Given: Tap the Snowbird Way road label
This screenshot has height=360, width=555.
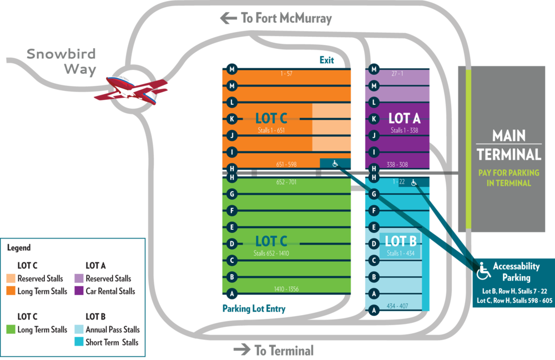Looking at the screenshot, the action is (x=61, y=61).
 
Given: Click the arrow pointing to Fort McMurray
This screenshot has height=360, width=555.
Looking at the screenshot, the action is (x=229, y=18).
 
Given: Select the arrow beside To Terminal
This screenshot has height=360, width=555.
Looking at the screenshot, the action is (x=242, y=350).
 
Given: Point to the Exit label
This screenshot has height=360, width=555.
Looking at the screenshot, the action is (x=327, y=60).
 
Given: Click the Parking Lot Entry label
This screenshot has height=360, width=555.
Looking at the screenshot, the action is (x=254, y=309).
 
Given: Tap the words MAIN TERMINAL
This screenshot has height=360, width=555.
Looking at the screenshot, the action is (x=509, y=145).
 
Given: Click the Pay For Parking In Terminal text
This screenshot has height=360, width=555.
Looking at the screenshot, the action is (x=508, y=178).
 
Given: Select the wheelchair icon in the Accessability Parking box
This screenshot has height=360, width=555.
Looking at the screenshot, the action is (x=483, y=271).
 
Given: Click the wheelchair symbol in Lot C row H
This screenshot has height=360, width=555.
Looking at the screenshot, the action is (x=335, y=164).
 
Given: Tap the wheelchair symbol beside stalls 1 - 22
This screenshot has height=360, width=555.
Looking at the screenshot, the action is (x=414, y=182).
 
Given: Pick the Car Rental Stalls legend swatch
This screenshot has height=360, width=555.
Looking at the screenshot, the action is (x=79, y=291).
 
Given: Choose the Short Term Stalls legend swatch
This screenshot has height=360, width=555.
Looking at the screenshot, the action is (x=79, y=342).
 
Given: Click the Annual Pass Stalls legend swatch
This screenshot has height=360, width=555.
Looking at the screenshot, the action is (x=79, y=329).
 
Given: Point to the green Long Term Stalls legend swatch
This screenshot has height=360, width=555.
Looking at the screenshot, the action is (x=11, y=329).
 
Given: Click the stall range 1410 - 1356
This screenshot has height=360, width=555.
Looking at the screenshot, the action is (x=286, y=289).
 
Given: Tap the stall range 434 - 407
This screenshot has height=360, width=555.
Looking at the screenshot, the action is (x=397, y=306).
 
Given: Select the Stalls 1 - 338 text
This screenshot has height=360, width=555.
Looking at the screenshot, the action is (x=404, y=130).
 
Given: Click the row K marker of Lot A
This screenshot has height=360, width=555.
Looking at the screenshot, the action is (x=374, y=119).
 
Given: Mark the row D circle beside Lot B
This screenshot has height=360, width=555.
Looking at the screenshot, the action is (x=374, y=244).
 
